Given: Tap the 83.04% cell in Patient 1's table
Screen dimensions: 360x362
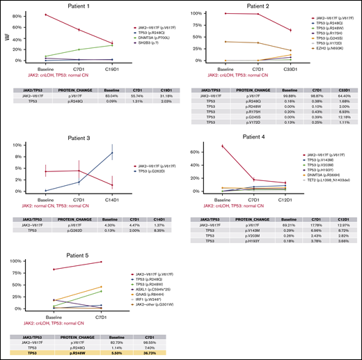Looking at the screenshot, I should pyautogui.click(x=111, y=100).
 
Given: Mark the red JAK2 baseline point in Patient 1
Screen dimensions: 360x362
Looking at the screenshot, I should pyautogui.click(x=46, y=15).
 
